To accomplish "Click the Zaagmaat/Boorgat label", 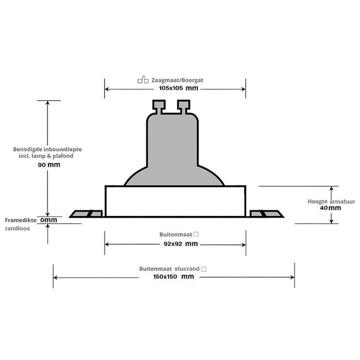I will tap(179, 78).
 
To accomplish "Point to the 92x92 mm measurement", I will tap(175, 244).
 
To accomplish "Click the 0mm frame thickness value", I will tap(49, 220).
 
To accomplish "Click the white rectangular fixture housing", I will tap(175, 200).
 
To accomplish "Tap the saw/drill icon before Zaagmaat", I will tap(142, 78).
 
